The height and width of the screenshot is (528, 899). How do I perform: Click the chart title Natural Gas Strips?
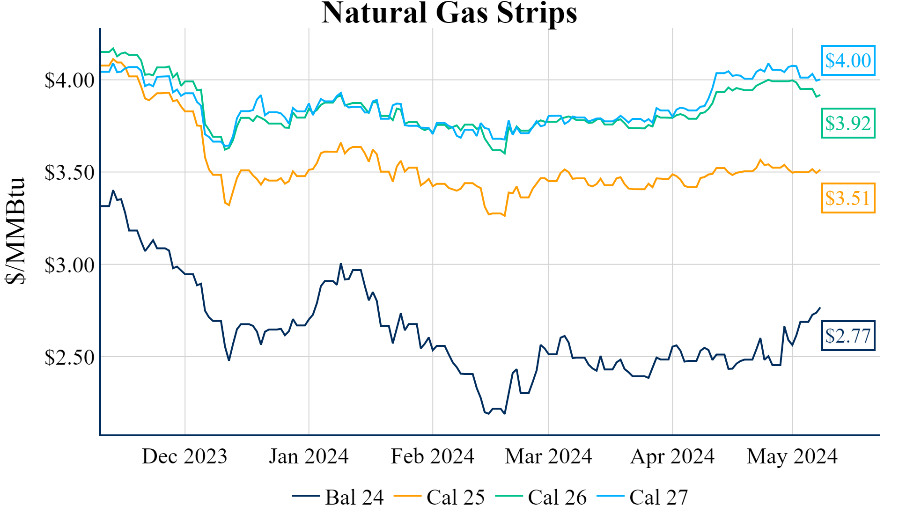[449, 13]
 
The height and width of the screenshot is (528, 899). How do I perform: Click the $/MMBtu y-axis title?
[15, 231]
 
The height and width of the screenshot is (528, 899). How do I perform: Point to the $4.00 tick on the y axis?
[69, 81]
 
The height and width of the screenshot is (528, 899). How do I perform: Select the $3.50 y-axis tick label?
[69, 173]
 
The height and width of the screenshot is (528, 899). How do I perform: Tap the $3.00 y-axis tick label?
[69, 265]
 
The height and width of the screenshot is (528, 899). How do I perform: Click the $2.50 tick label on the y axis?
[69, 358]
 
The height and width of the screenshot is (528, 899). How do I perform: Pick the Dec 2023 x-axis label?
[184, 456]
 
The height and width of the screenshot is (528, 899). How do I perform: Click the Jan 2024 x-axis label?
[309, 456]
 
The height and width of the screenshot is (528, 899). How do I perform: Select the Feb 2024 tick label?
[433, 456]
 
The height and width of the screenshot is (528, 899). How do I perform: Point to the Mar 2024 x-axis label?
[548, 456]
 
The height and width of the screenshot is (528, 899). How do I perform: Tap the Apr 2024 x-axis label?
[672, 456]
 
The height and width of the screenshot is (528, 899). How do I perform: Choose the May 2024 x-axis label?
[792, 456]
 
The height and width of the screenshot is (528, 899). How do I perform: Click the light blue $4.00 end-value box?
[848, 60]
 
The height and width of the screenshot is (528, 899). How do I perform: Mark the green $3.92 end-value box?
[848, 123]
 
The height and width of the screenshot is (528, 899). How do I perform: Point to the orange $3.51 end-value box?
[848, 198]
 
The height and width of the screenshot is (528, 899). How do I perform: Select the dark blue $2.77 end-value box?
[848, 336]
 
